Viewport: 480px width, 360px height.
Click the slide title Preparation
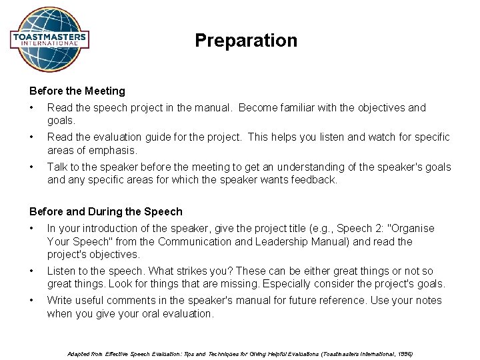[x=246, y=41]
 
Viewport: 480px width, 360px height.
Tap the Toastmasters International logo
[x=49, y=39]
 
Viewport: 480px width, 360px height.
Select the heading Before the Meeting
[x=77, y=91]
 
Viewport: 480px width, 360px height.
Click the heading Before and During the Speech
[x=105, y=211]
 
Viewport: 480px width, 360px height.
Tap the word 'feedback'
[x=313, y=179]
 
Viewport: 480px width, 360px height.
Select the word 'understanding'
[x=301, y=167]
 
